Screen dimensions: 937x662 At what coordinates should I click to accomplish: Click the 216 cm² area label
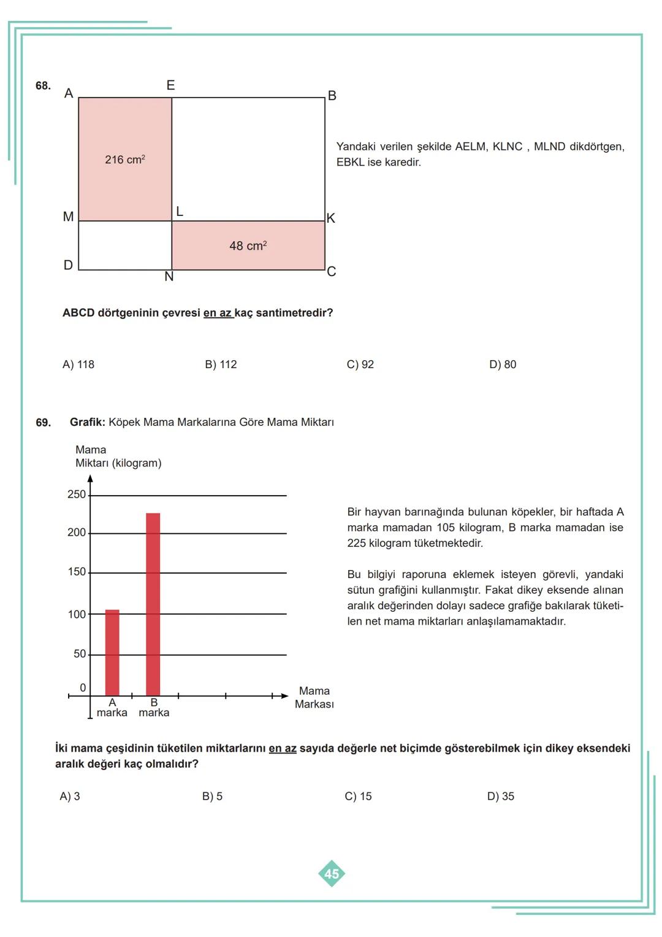pyautogui.click(x=124, y=160)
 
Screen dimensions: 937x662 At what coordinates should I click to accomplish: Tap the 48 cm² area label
pyautogui.click(x=248, y=246)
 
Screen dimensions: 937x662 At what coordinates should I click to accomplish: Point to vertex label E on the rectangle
pyautogui.click(x=170, y=85)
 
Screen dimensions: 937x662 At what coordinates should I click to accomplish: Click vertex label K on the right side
pyautogui.click(x=331, y=218)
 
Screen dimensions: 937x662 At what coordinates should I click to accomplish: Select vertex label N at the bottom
pyautogui.click(x=169, y=277)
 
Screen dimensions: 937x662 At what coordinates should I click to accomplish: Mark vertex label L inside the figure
pyautogui.click(x=180, y=212)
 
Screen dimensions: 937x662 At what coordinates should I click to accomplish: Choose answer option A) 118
pyautogui.click(x=78, y=364)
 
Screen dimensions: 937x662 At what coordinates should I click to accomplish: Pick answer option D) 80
pyautogui.click(x=503, y=364)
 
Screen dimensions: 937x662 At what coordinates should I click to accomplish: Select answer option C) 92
pyautogui.click(x=360, y=364)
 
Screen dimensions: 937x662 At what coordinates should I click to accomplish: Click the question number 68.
pyautogui.click(x=43, y=86)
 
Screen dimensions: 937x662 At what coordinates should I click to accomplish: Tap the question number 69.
pyautogui.click(x=43, y=423)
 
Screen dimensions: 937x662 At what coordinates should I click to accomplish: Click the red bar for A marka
pyautogui.click(x=112, y=652)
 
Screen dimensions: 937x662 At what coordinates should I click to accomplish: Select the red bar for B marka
pyautogui.click(x=153, y=604)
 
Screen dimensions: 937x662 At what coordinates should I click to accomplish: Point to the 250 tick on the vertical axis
pyautogui.click(x=77, y=495)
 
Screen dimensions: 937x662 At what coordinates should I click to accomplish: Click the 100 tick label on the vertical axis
pyautogui.click(x=77, y=614)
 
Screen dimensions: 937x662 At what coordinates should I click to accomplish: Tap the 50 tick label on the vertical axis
pyautogui.click(x=80, y=654)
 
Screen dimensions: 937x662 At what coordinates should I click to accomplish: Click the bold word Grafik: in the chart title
pyautogui.click(x=88, y=422)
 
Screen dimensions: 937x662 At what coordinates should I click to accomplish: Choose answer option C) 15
pyautogui.click(x=358, y=796)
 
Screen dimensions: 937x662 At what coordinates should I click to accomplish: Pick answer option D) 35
pyautogui.click(x=501, y=796)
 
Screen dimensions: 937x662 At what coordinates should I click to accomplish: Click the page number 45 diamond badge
pyautogui.click(x=332, y=874)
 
